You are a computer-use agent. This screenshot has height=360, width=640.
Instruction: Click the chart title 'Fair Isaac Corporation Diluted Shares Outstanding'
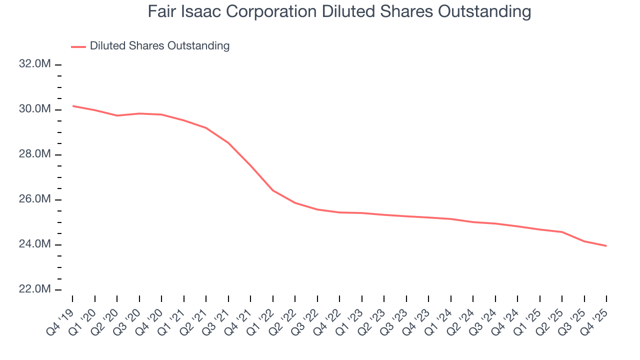pos(339,11)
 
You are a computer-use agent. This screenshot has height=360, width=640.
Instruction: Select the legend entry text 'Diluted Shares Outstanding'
pos(159,46)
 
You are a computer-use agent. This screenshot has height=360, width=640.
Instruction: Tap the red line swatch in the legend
pos(78,46)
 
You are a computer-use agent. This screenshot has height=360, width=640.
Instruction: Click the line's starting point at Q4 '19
pos(72,106)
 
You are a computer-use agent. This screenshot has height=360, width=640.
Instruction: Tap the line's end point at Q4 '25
pos(606,246)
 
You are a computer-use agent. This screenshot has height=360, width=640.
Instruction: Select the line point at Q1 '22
pos(273,190)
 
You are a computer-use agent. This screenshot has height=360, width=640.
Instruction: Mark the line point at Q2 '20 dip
pos(117,115)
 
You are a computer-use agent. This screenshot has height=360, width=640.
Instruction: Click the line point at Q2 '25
pos(562,232)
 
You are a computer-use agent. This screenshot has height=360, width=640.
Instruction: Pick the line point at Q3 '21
pos(228,143)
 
